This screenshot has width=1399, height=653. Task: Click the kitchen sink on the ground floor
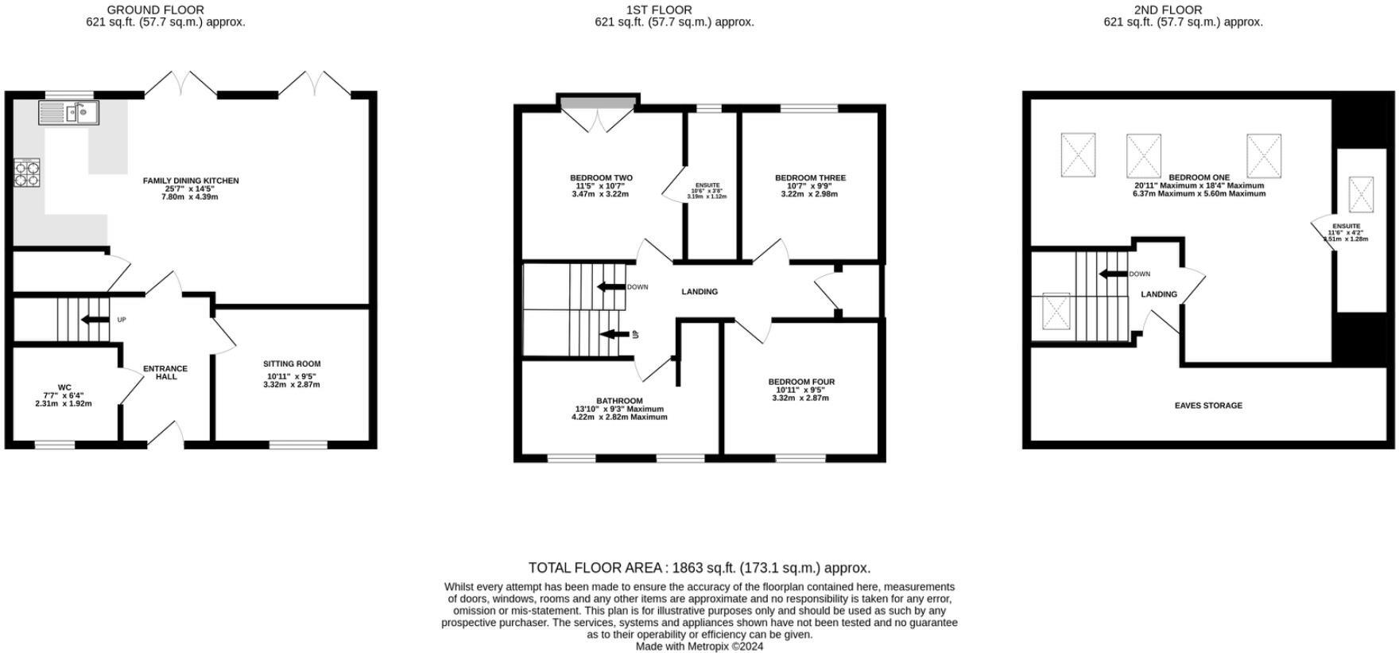click(x=68, y=113)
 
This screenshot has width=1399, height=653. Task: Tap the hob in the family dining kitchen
click(x=27, y=173)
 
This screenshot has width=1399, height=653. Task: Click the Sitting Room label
click(x=292, y=364)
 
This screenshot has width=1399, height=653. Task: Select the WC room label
click(x=64, y=387)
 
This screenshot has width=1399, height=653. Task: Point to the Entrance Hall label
click(x=165, y=372)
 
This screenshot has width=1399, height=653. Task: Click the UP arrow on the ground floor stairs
click(x=95, y=320)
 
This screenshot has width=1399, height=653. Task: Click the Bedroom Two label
click(x=601, y=178)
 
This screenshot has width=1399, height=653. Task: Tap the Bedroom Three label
click(x=810, y=178)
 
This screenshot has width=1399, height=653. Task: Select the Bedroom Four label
click(x=801, y=382)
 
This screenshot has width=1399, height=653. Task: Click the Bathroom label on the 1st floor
click(x=619, y=401)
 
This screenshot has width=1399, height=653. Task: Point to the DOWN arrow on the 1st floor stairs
click(x=611, y=287)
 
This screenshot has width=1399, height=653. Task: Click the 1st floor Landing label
click(x=699, y=292)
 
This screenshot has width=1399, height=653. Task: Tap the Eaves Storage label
click(x=1208, y=406)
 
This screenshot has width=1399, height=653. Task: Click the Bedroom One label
click(x=1199, y=177)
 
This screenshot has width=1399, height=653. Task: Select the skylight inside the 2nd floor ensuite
click(x=1361, y=194)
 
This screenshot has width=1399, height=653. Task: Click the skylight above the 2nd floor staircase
click(x=1056, y=310)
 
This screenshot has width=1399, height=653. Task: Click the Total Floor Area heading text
click(x=699, y=568)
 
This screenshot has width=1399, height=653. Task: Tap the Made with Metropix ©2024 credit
click(x=699, y=647)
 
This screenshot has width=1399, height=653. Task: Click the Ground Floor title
click(x=155, y=10)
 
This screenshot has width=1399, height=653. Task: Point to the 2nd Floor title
click(x=1168, y=10)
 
